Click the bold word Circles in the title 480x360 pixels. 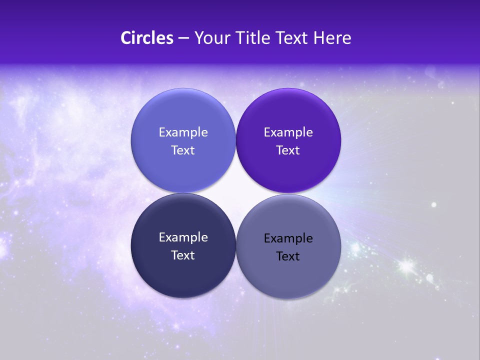pyautogui.click(x=147, y=38)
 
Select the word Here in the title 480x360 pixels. pyautogui.click(x=332, y=38)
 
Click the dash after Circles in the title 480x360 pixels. pyautogui.click(x=183, y=38)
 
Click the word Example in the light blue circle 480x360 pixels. pyautogui.click(x=183, y=132)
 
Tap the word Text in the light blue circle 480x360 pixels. pyautogui.click(x=183, y=150)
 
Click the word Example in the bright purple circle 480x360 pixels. pyautogui.click(x=288, y=132)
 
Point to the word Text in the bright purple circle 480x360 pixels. pyautogui.click(x=288, y=150)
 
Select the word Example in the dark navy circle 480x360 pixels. pyautogui.click(x=183, y=237)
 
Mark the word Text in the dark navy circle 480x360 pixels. pyautogui.click(x=183, y=255)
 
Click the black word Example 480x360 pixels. pyautogui.click(x=288, y=238)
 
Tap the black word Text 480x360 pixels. pyautogui.click(x=288, y=256)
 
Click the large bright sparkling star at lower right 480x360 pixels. pyautogui.click(x=406, y=265)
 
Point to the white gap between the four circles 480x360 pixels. pyautogui.click(x=235, y=193)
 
